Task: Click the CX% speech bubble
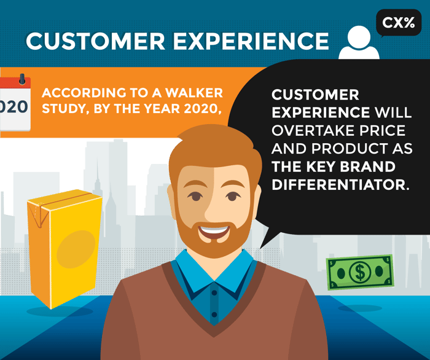tap(399, 23)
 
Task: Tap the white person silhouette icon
tap(359, 44)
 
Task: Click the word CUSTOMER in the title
tap(96, 41)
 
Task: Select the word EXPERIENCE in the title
tap(251, 41)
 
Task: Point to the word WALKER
tap(194, 93)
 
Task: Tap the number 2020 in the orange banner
tap(202, 109)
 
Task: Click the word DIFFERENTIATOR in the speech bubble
tap(340, 184)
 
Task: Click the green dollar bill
tap(360, 272)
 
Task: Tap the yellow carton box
tap(64, 249)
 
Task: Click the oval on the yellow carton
tap(76, 249)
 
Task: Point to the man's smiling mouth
tap(214, 232)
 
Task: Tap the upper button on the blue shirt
tap(214, 293)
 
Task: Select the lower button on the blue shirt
tap(214, 315)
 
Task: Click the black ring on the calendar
tap(22, 79)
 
